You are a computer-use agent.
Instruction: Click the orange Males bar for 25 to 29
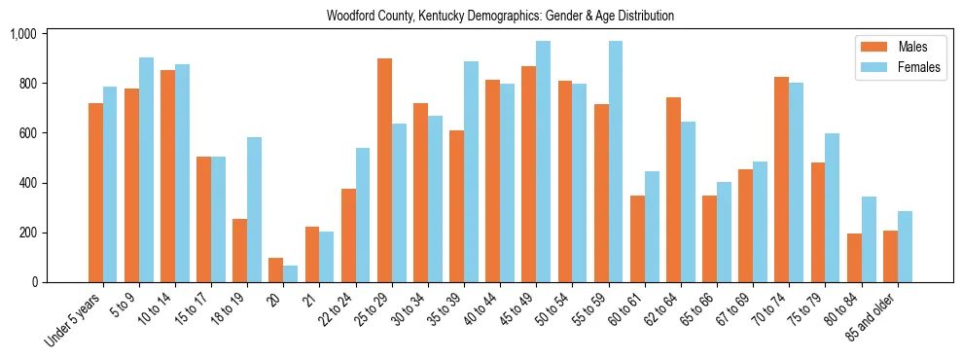384,170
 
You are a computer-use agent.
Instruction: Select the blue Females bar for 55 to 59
616,162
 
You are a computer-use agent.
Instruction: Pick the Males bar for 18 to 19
240,250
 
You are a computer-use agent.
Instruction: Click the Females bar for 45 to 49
543,162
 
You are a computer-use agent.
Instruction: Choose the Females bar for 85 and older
905,246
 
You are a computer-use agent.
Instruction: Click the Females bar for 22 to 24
363,215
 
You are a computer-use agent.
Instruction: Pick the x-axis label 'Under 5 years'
77,317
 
